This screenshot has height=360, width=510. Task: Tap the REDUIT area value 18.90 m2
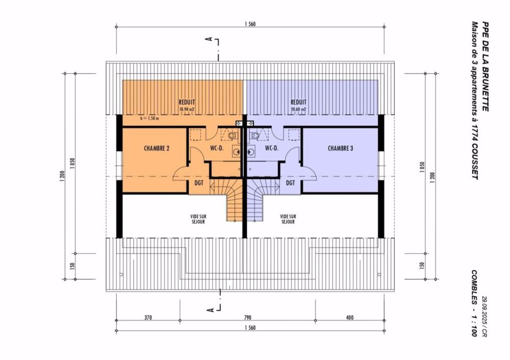click(187, 109)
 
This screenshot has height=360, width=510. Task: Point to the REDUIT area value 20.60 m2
click(298, 109)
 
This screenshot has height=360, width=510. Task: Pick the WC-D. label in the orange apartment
click(217, 148)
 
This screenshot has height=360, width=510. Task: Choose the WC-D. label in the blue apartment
click(271, 148)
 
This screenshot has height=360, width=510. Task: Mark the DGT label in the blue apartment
click(290, 183)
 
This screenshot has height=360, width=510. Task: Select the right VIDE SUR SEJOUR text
click(288, 219)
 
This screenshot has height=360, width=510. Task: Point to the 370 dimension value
click(148, 318)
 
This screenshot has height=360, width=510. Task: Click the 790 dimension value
click(250, 318)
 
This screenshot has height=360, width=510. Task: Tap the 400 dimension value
click(350, 318)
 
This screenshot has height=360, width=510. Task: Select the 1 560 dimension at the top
click(250, 24)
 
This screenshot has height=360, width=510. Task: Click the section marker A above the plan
click(208, 39)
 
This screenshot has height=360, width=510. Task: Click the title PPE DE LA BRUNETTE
click(485, 66)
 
